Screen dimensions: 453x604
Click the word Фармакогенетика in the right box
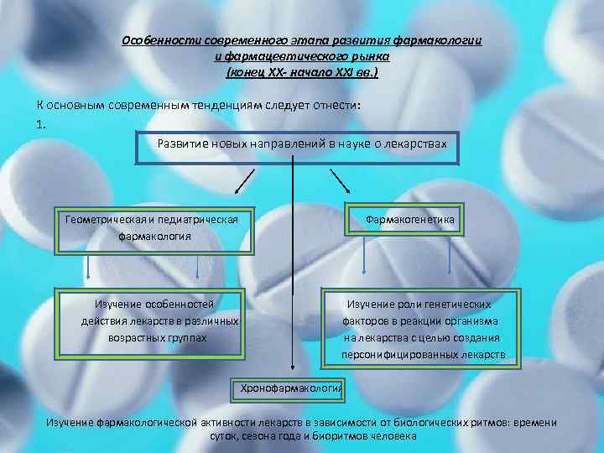pyautogui.click(x=409, y=220)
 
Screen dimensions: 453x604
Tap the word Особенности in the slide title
pyautogui.click(x=159, y=41)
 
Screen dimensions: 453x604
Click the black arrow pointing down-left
pyautogui.click(x=243, y=180)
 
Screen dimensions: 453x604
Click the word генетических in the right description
pyautogui.click(x=460, y=305)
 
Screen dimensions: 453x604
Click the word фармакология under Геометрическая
pyautogui.click(x=154, y=237)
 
